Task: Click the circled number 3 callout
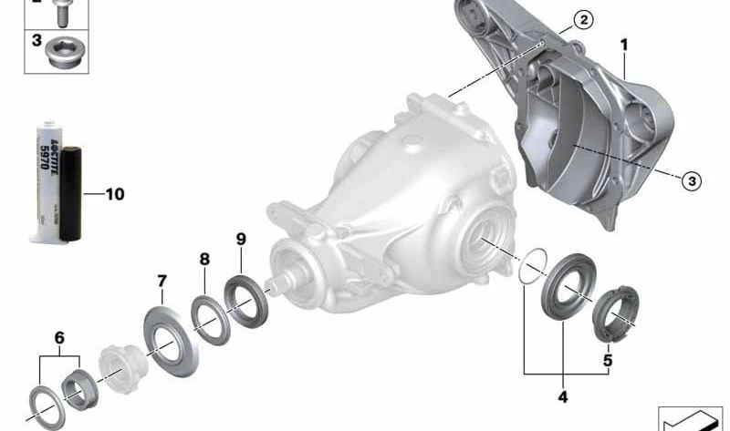[x=691, y=181]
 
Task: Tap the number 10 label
[x=114, y=193]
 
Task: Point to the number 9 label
[x=241, y=239]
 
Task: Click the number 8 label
[x=204, y=259]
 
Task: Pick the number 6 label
[x=60, y=337]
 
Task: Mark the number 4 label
[x=563, y=396]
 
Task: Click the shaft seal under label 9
[x=244, y=300]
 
